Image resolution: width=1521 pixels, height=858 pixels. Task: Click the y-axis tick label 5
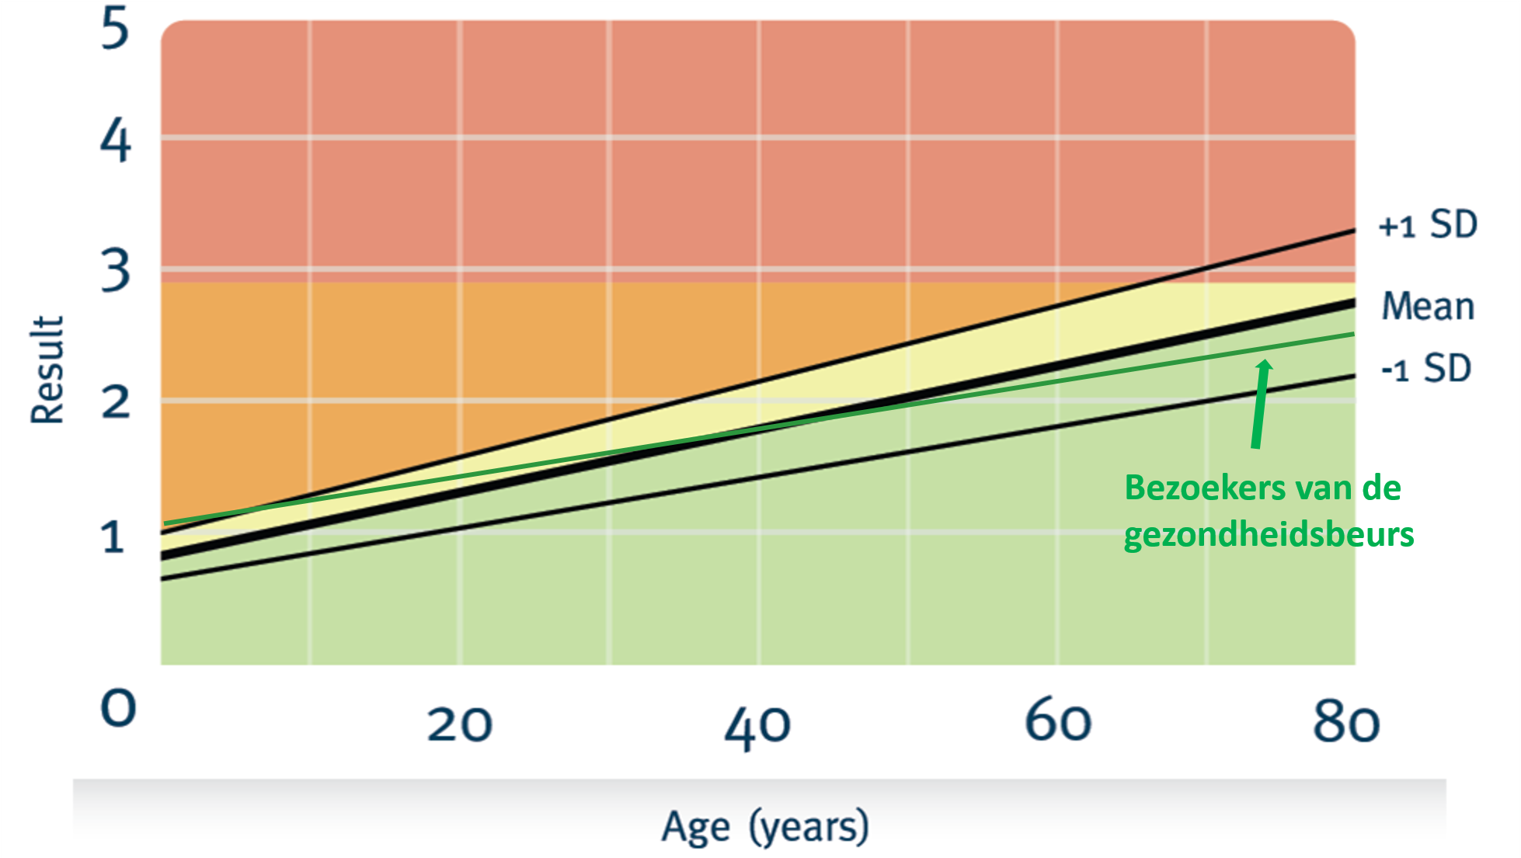115,29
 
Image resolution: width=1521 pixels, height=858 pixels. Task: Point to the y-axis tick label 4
116,141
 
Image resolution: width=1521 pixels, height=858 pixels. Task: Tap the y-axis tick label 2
116,402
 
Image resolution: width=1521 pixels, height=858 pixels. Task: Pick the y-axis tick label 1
113,537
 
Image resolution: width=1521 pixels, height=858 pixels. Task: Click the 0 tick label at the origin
119,708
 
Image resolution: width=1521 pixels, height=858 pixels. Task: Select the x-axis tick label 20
459,724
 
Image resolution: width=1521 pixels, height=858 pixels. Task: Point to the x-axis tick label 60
1058,721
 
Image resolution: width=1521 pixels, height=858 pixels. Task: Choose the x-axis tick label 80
1346,722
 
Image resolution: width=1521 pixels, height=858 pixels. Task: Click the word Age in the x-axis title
695,826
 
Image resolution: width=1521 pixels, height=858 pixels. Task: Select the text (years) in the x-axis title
809,826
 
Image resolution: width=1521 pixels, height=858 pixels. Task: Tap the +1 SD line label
1428,224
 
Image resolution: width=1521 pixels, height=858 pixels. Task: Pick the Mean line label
1428,306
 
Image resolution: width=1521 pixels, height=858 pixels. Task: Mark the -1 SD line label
1426,368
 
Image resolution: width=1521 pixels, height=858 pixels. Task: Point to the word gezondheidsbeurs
1269,535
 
